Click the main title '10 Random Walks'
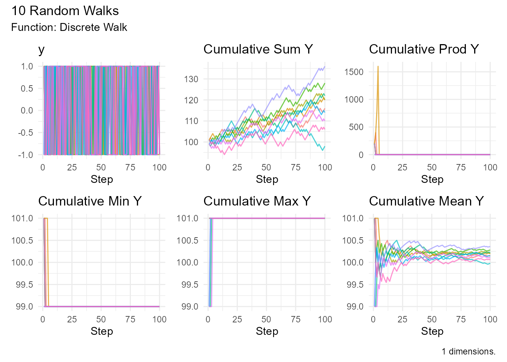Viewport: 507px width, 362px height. point(65,11)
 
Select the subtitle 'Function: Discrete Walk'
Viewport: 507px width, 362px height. point(69,28)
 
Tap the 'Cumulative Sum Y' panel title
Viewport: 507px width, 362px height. point(258,49)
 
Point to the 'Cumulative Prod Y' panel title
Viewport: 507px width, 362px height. point(424,49)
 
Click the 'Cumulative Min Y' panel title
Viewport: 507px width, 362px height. point(90,201)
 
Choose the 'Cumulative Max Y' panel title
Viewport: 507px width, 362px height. point(257,201)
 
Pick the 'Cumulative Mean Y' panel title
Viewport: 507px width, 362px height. point(426,201)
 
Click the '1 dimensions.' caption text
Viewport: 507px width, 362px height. point(469,351)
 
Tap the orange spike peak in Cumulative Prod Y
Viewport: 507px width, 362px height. point(378,67)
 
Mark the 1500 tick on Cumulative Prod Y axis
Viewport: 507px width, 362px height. point(354,72)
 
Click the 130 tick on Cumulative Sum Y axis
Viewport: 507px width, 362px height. point(191,79)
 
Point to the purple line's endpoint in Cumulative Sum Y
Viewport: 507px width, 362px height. point(325,67)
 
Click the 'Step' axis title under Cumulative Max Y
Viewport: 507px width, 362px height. point(267,331)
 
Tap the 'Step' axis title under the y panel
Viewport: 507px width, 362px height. point(101,179)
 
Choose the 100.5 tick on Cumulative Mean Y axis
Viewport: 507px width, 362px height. point(352,241)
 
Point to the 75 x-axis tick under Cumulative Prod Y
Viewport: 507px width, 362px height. point(461,167)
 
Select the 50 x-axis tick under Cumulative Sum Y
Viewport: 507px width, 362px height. point(266,167)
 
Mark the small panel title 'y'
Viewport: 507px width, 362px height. point(41,49)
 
